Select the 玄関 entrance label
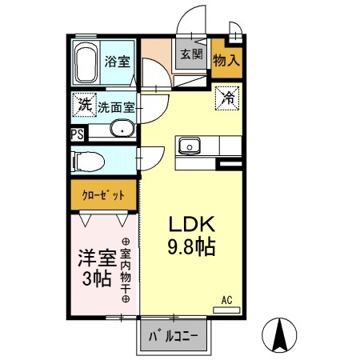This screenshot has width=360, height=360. [190, 56]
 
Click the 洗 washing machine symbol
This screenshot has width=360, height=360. [85, 104]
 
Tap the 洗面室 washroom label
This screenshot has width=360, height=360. [116, 106]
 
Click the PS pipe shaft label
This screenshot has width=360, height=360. [77, 134]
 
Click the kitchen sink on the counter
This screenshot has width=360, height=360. [189, 146]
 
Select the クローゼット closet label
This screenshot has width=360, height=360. [103, 194]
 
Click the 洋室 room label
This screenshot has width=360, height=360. [96, 258]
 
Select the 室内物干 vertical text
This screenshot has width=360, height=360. [126, 269]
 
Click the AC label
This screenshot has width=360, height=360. [226, 301]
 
